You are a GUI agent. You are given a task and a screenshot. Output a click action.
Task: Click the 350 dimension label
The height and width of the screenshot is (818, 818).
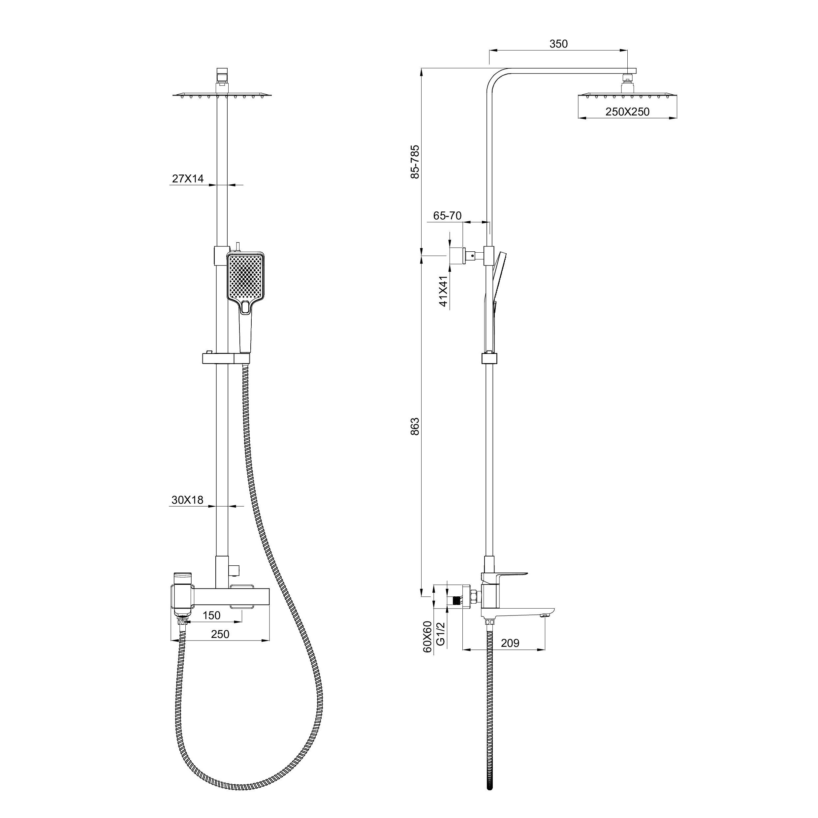558,44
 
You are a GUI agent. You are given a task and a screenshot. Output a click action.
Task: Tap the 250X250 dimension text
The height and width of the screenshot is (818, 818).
627,112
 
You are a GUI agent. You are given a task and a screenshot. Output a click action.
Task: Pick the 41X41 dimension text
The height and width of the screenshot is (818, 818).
443,291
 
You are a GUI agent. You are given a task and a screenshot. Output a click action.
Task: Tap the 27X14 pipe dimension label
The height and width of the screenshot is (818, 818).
188,179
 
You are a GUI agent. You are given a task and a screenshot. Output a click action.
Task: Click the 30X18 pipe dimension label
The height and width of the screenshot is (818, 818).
188,500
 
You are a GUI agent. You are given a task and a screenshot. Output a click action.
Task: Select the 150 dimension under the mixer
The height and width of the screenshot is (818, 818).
212,615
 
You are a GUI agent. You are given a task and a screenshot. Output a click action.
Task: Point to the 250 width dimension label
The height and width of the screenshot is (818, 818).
220,634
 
